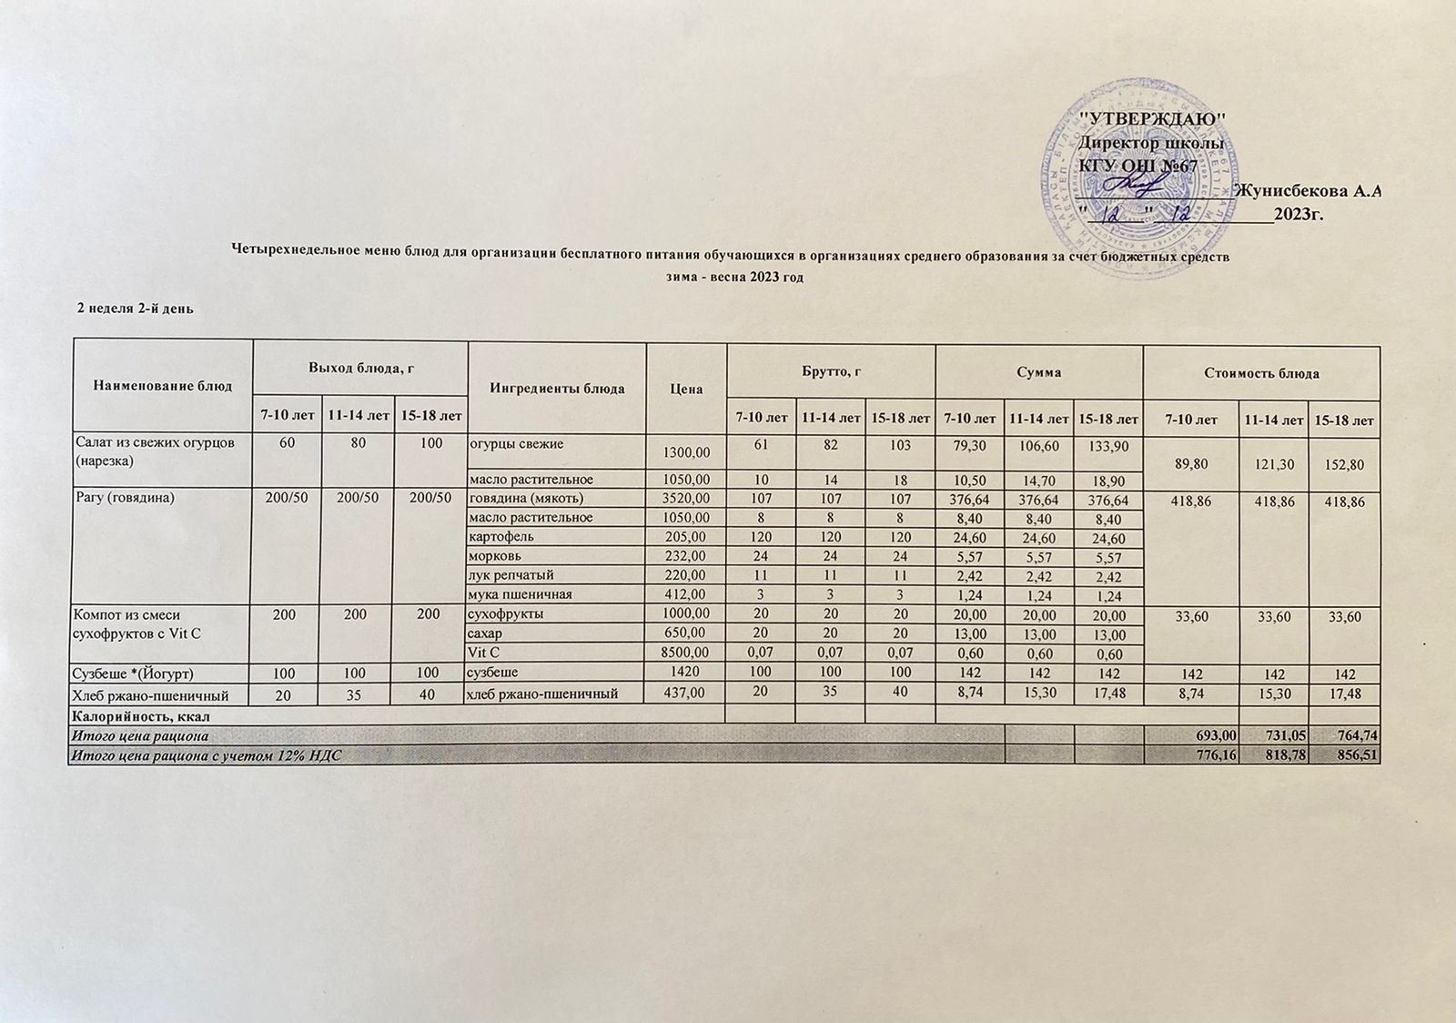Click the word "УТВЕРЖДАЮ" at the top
pos(1151,120)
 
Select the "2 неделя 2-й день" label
pos(134,309)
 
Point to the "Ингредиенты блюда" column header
pos(556,389)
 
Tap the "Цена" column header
pos(686,389)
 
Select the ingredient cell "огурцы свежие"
pos(515,444)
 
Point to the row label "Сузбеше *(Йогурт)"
pos(134,674)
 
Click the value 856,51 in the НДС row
pos(1355,755)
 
